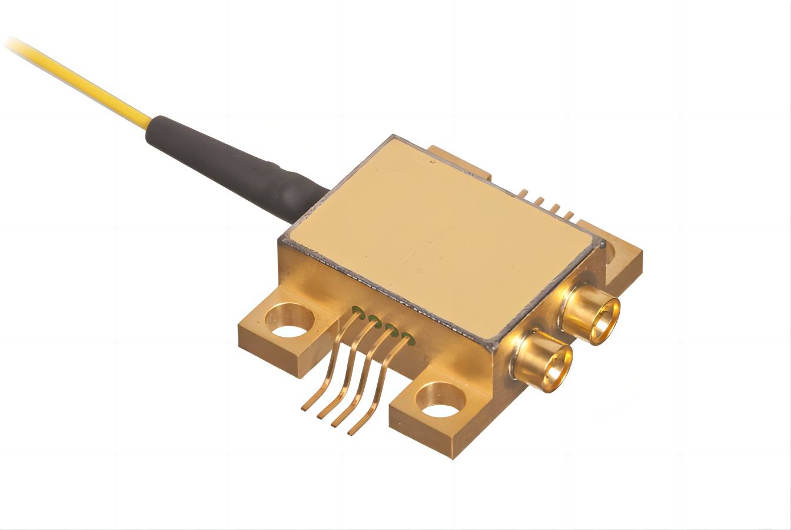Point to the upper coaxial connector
[x=591, y=312]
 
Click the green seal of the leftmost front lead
[x=357, y=310]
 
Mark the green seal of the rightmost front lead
[x=406, y=337]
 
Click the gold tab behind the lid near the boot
[x=459, y=159]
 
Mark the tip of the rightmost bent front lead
[x=351, y=433]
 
